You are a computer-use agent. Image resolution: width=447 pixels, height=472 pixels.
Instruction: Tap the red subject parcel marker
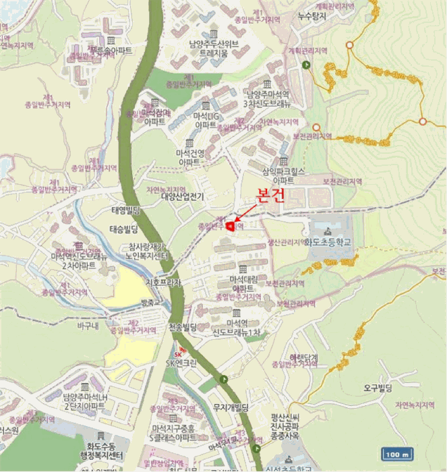(x=230, y=227)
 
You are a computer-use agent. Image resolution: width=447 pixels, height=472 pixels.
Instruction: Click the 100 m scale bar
(x=396, y=454)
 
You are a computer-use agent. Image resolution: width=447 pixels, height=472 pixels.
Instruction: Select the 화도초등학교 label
(x=328, y=240)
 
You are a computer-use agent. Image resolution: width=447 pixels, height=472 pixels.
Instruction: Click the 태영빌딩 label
(x=125, y=210)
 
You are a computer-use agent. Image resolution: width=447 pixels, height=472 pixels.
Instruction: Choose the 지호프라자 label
(x=164, y=283)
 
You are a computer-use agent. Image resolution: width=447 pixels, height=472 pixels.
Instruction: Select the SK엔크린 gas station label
(x=181, y=363)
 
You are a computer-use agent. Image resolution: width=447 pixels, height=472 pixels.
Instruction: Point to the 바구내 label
(x=88, y=326)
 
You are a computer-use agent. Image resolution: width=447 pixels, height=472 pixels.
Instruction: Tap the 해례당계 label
(x=303, y=356)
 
